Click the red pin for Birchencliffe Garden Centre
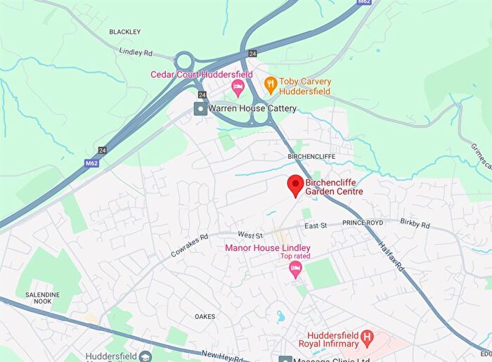pyautogui.click(x=296, y=186)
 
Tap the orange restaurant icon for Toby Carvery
pyautogui.click(x=269, y=86)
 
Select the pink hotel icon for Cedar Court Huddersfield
pyautogui.click(x=238, y=88)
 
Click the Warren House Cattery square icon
pyautogui.click(x=201, y=108)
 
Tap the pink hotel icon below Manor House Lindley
pyautogui.click(x=296, y=270)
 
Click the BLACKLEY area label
pyautogui.click(x=125, y=32)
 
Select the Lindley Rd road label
pyautogui.click(x=136, y=52)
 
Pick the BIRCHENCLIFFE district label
pyautogui.click(x=311, y=156)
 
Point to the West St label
pyautogui.click(x=250, y=235)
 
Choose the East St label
pyautogui.click(x=316, y=226)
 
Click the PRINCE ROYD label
pyautogui.click(x=363, y=223)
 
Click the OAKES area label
pyautogui.click(x=205, y=316)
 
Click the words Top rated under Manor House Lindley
pyautogui.click(x=295, y=257)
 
